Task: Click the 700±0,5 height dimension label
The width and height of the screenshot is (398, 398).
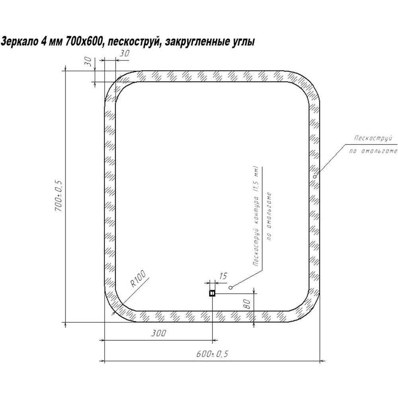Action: click(58, 196)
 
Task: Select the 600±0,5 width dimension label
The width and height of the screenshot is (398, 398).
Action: click(213, 353)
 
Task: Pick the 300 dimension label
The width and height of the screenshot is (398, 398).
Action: click(159, 333)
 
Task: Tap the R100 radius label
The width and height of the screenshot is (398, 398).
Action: click(138, 279)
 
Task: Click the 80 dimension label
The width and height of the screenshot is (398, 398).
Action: click(247, 304)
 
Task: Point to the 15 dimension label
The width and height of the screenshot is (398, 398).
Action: click(223, 276)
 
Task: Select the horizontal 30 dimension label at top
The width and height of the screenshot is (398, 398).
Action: click(124, 53)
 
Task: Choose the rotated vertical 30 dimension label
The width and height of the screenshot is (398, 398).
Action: click(88, 61)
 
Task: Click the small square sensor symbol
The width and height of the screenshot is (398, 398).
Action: click(212, 293)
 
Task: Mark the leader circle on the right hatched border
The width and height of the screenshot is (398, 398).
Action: click(315, 176)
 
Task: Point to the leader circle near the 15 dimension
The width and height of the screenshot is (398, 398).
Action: click(230, 287)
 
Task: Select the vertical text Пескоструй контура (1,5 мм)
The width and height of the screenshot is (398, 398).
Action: click(256, 216)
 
